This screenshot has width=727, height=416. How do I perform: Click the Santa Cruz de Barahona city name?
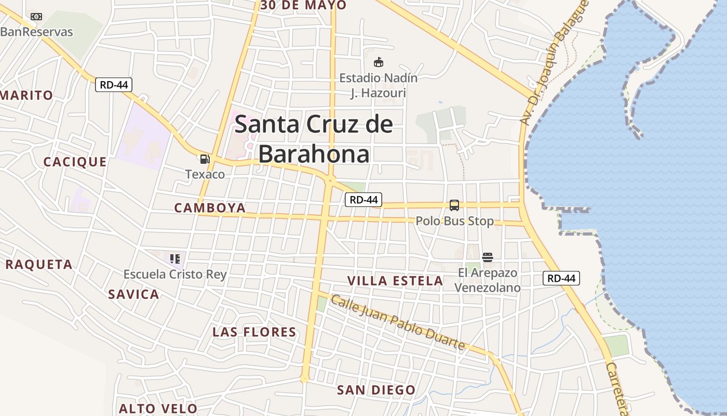[314, 139]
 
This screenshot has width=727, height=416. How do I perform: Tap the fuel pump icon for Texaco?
[205, 159]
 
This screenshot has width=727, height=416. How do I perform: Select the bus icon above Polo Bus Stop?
[454, 205]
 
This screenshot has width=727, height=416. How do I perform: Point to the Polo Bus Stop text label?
[455, 221]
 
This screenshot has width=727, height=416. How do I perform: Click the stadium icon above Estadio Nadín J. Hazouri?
[379, 62]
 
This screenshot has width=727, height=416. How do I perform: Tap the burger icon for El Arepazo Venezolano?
[487, 257]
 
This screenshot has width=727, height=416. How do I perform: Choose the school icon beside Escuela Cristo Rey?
[174, 258]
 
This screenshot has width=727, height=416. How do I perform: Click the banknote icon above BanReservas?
[36, 17]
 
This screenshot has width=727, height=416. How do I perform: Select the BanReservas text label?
[37, 32]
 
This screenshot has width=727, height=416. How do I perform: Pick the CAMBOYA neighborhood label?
[210, 208]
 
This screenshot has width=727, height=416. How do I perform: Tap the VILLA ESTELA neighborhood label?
[395, 281]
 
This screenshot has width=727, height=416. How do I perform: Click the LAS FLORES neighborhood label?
[254, 332]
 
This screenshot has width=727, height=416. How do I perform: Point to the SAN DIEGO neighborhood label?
[376, 390]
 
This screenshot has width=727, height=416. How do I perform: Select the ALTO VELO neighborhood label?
[158, 409]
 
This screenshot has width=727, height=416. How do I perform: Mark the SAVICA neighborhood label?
[133, 294]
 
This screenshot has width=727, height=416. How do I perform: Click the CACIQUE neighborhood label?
[75, 162]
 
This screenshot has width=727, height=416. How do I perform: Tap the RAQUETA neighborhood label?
[39, 264]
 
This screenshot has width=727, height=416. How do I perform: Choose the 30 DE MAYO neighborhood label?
[303, 5]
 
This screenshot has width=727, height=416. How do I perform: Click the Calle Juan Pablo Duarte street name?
[398, 322]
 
